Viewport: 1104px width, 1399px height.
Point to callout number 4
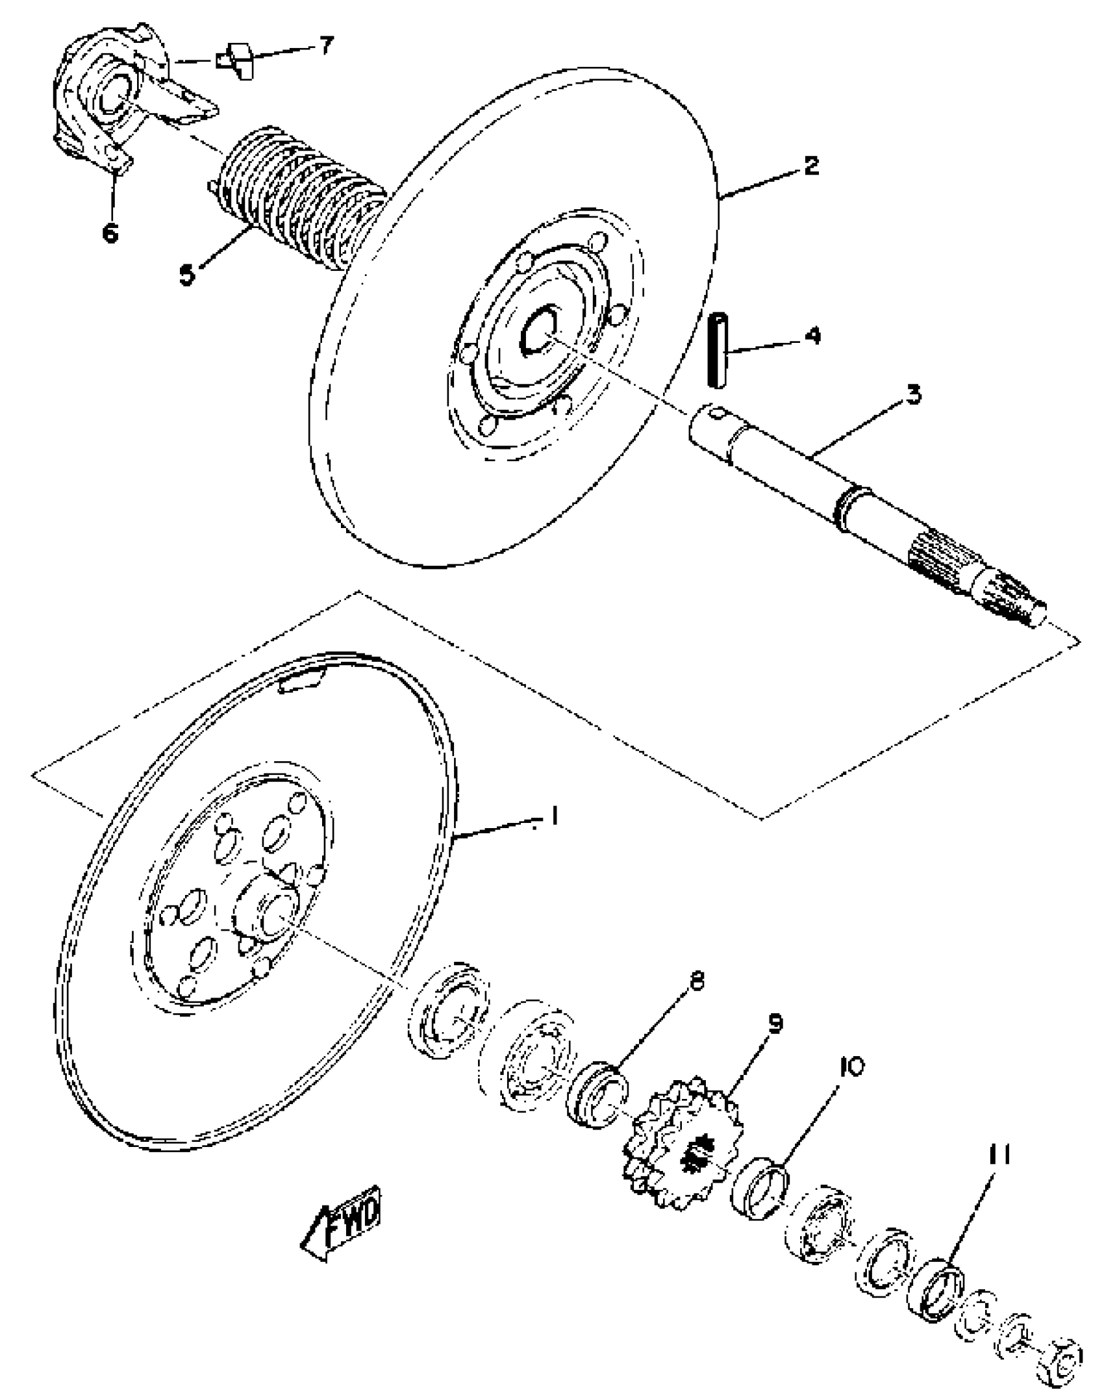coord(811,336)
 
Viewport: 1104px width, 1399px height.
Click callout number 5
coord(187,275)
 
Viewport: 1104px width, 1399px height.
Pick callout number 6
coord(110,232)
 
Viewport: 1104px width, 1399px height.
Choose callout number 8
coord(696,981)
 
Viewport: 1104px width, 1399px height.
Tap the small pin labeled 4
coord(716,350)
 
